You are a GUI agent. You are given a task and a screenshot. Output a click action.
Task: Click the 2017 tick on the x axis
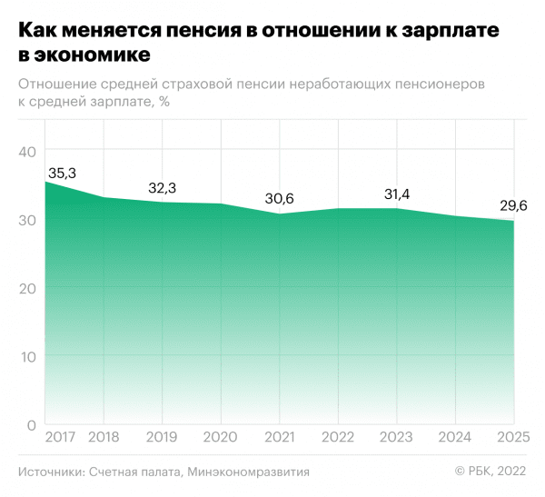tap(60, 437)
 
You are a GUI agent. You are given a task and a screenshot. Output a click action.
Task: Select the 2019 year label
tap(161, 437)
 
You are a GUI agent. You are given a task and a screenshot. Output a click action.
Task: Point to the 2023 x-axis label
tap(395, 437)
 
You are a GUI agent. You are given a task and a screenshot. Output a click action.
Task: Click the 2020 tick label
tap(220, 437)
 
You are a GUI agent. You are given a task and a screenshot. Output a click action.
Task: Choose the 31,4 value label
tap(396, 194)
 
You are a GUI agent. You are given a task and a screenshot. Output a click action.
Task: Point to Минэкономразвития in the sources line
tap(250, 472)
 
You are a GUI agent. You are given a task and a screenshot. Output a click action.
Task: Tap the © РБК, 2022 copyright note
tap(491, 472)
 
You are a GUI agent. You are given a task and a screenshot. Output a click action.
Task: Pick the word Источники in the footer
tap(51, 472)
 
